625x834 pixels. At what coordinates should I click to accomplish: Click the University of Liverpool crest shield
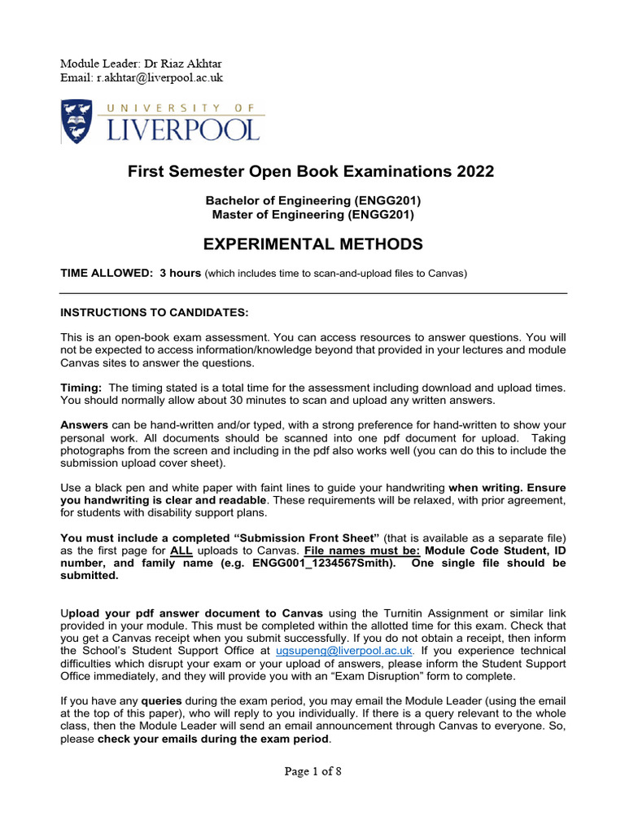[79, 120]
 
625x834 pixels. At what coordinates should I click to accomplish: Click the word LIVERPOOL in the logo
[181, 128]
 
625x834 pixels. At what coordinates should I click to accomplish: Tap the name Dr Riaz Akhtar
[190, 64]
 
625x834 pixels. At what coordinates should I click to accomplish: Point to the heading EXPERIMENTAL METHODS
[312, 244]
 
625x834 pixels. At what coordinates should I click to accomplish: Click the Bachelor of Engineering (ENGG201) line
[312, 201]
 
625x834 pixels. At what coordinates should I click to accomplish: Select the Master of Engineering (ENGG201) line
[312, 215]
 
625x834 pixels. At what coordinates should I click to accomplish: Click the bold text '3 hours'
[180, 273]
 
